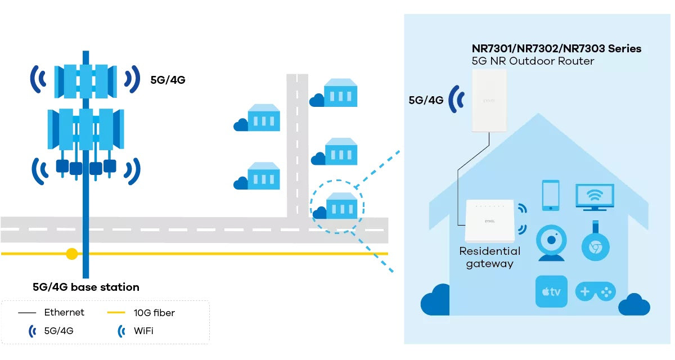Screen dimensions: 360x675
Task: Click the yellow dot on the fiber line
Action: pos(71,254)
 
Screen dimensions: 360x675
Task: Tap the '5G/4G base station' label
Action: pos(85,287)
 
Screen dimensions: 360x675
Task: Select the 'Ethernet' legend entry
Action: pos(64,312)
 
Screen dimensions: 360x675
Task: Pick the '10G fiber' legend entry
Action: pos(154,312)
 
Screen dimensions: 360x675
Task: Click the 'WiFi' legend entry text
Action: pos(143,331)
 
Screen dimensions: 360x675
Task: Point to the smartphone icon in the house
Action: pos(550,195)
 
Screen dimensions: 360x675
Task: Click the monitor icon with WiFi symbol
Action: pos(595,196)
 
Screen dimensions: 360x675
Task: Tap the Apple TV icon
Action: pos(551,291)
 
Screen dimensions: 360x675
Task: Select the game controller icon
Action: pos(595,291)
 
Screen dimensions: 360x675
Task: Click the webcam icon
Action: pos(551,243)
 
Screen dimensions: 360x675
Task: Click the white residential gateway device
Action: pos(489,221)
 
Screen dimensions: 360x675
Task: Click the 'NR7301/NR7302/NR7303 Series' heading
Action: pos(556,49)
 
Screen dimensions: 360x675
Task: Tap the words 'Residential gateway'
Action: pos(489,257)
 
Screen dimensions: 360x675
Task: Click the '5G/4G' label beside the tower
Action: pos(168,80)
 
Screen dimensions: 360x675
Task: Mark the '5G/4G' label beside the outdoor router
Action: pos(426,101)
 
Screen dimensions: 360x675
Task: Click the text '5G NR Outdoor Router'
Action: pos(532,61)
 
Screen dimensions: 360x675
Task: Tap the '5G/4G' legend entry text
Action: pos(58,331)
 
